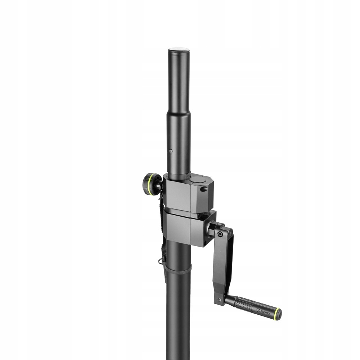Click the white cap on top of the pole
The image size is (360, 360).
click(179, 50)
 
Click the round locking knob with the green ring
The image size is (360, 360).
click(152, 184)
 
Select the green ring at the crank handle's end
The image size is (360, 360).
click(277, 314)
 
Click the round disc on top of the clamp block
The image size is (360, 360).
click(198, 179)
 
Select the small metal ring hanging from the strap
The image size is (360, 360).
click(160, 260)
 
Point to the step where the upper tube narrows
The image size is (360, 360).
click(179, 113)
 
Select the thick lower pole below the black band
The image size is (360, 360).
click(179, 317)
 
